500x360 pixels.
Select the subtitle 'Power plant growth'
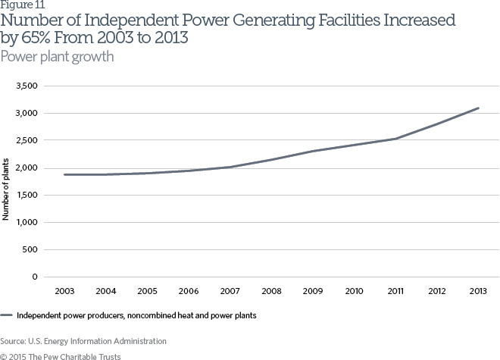tap(57, 57)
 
